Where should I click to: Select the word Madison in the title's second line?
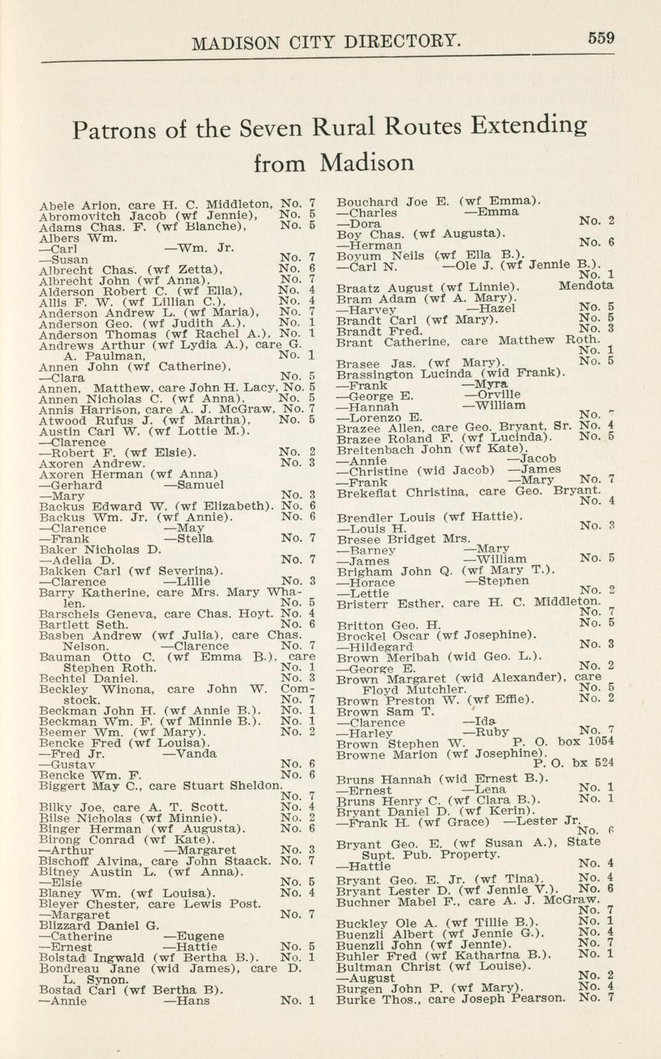click(x=367, y=162)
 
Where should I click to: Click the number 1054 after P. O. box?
click(x=600, y=743)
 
